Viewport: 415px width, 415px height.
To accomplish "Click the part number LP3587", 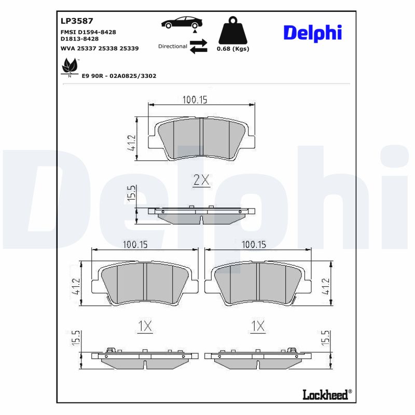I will [77, 21].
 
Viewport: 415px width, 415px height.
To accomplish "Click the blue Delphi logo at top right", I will [312, 33].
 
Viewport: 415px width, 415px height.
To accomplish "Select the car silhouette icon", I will [182, 22].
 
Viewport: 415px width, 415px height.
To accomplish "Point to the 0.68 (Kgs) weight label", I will [233, 49].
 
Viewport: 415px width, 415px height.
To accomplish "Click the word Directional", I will [172, 46].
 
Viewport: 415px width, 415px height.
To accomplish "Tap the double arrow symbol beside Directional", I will [198, 46].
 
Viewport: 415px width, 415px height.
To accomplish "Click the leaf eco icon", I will [69, 67].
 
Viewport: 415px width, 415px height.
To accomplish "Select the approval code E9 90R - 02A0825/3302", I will [119, 76].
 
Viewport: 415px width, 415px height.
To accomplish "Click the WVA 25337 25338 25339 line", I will [99, 48].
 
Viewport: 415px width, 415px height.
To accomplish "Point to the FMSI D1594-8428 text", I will [88, 32].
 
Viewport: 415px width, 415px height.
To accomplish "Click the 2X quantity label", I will [201, 180].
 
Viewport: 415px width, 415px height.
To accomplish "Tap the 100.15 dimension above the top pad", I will [195, 100].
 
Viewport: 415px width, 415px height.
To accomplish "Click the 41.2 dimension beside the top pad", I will [131, 143].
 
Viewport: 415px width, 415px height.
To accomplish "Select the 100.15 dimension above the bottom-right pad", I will [254, 244].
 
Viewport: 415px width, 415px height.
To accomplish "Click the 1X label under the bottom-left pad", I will [145, 326].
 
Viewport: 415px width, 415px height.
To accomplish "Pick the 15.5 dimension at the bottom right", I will [326, 338].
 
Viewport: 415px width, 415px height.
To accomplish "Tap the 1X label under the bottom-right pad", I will [258, 326].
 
